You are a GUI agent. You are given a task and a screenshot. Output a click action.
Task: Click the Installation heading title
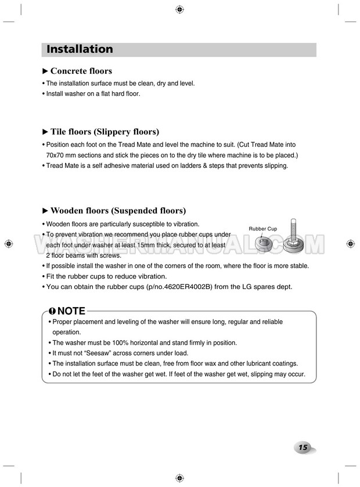(80, 49)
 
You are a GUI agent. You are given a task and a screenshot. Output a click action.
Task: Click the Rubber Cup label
(262, 229)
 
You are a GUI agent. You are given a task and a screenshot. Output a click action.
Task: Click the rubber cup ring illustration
(265, 243)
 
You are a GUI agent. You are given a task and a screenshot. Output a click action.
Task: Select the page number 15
(303, 448)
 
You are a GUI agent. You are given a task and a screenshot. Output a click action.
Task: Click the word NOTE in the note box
(71, 311)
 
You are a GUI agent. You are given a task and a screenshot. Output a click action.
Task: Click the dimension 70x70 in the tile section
(56, 156)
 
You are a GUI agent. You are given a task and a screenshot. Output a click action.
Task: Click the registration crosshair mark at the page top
(179, 10)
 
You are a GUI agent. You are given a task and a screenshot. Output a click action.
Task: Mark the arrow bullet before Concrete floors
(46, 71)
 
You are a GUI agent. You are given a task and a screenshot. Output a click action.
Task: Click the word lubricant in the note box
(242, 363)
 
